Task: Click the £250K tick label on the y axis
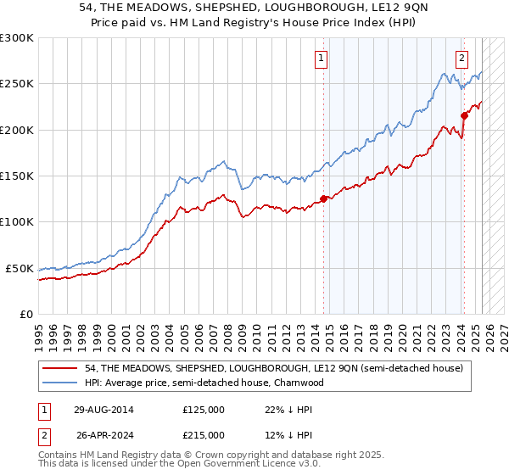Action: point(16,84)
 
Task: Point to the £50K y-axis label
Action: point(20,268)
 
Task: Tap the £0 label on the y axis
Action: point(25,314)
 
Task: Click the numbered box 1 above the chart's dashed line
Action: point(322,59)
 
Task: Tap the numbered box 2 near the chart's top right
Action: point(461,59)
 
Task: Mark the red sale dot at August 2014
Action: point(323,199)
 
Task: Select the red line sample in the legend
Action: point(61,369)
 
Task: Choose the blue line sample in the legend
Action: point(61,383)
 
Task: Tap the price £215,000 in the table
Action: point(203,435)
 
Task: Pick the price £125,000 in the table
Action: point(203,410)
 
